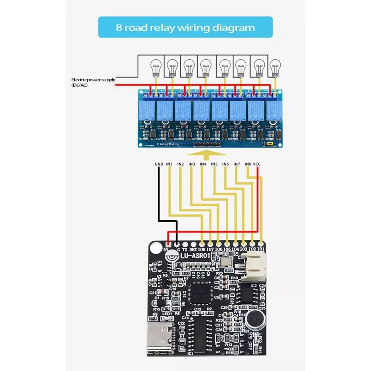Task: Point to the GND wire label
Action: pos(159,164)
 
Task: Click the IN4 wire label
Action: pos(203,164)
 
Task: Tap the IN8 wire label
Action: pos(248,164)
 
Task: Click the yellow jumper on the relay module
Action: pos(268,144)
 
